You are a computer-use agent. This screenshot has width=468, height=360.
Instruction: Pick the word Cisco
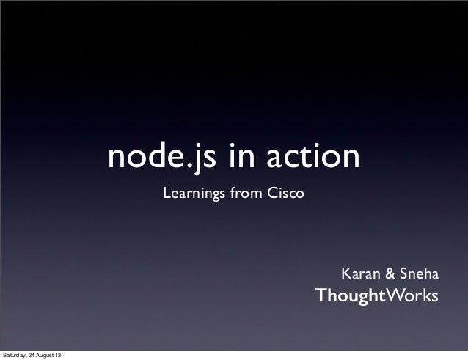[286, 195]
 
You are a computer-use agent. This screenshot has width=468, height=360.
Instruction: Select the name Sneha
[420, 275]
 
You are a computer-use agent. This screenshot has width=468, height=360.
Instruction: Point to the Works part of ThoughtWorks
[412, 296]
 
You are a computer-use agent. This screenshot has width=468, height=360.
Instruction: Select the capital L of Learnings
[166, 195]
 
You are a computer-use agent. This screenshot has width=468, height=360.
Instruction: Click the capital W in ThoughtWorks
[396, 296]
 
